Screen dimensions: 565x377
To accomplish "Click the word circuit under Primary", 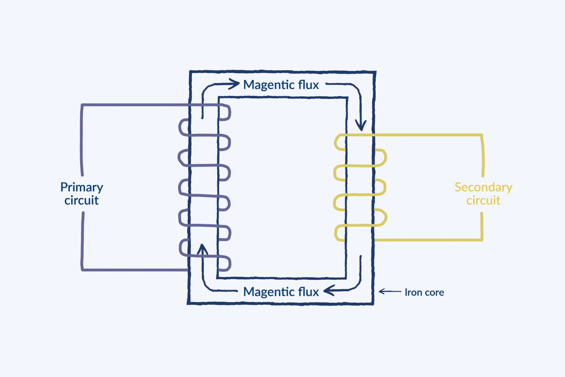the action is (x=81, y=200).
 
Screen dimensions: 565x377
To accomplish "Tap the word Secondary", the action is (x=483, y=188).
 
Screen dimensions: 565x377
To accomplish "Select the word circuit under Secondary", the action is (x=483, y=200).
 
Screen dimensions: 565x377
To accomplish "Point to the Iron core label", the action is (x=424, y=292).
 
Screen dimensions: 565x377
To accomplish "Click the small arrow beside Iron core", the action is (x=390, y=292).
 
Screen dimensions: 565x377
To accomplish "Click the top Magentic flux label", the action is (x=281, y=85).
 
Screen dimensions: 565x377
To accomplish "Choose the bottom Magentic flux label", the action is (x=281, y=292).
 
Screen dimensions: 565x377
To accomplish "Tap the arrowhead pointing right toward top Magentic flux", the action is (x=234, y=84).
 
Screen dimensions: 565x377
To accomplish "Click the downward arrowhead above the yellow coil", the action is (x=361, y=125).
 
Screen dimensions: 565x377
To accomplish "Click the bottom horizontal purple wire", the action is (x=135, y=270).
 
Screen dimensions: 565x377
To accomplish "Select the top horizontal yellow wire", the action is (x=414, y=135).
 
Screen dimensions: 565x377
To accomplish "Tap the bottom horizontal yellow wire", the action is (x=428, y=240).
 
